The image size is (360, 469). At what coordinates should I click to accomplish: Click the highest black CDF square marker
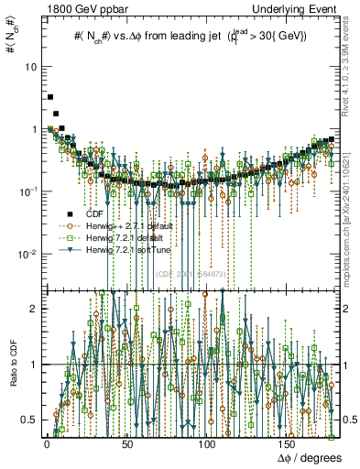(50, 96)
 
